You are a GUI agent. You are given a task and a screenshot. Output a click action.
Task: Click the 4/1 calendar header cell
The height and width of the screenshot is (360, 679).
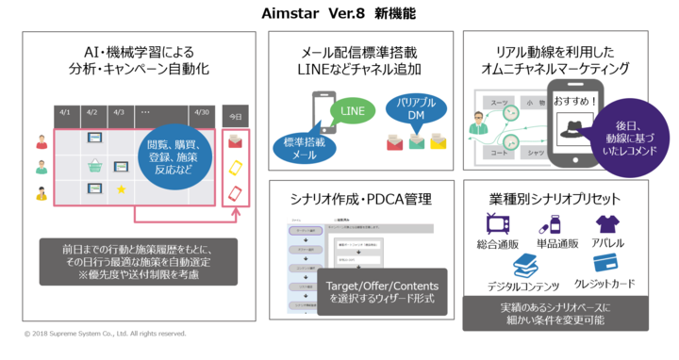tap(66, 112)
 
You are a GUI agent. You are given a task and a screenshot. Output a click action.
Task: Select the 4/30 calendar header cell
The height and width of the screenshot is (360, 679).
tap(200, 112)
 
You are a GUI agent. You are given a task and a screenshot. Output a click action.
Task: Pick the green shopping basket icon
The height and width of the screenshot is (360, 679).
tap(95, 167)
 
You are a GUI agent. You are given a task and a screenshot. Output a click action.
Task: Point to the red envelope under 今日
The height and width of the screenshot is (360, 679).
tap(236, 140)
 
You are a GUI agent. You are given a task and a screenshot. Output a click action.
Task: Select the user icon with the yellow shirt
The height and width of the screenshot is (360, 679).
tap(41, 192)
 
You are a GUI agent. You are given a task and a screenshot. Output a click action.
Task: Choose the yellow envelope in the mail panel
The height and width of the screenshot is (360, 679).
tap(438, 142)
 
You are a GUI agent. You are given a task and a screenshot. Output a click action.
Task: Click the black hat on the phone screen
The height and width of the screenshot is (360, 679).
tap(571, 132)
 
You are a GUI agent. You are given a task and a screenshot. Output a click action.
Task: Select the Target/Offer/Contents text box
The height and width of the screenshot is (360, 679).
tap(376, 291)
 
